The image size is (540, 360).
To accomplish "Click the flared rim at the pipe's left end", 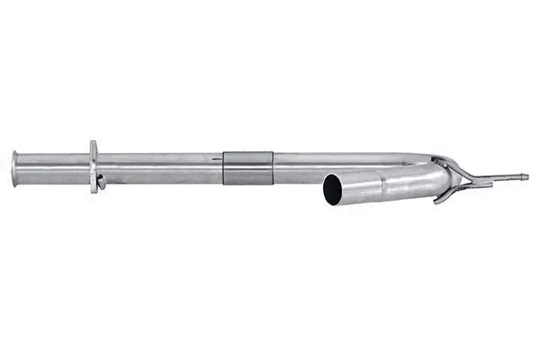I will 15,168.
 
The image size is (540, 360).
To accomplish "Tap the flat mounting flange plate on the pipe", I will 94,166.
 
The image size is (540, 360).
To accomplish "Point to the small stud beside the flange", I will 102,180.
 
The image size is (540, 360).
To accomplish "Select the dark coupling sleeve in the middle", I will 248,167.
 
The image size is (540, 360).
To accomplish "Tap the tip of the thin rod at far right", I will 526,176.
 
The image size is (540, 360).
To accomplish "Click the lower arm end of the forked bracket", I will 438,200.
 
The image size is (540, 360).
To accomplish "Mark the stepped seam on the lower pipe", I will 384,182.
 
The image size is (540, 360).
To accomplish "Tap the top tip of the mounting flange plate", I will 94,143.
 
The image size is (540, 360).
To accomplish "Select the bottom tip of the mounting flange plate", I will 94,191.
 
